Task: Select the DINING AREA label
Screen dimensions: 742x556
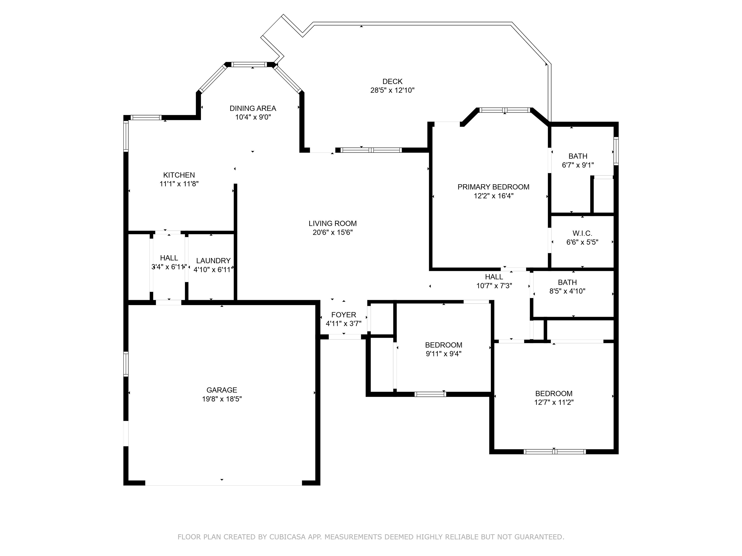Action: point(253,108)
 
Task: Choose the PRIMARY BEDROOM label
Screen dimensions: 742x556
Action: point(493,187)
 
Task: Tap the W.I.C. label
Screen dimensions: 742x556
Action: point(582,233)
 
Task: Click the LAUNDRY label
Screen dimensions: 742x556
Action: point(213,261)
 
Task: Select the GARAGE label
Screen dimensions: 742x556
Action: point(222,390)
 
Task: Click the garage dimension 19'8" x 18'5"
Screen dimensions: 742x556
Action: point(222,399)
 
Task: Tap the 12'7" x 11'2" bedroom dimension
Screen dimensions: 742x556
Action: point(554,402)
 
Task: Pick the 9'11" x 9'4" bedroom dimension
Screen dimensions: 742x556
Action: point(443,354)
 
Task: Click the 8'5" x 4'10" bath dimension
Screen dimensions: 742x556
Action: point(567,291)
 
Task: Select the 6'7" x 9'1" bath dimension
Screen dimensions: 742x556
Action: point(578,165)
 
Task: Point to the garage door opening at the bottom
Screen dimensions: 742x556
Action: point(223,483)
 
